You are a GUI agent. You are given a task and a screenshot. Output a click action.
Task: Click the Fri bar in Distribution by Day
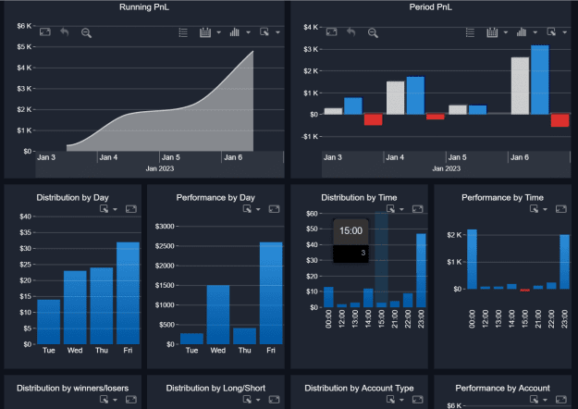click(128, 293)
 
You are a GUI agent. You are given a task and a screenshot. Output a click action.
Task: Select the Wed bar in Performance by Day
click(218, 315)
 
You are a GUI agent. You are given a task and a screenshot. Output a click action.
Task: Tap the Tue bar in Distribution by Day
click(49, 322)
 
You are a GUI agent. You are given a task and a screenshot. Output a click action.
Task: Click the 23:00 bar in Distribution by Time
click(421, 270)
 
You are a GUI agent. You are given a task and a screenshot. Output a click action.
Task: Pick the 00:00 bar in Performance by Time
click(472, 259)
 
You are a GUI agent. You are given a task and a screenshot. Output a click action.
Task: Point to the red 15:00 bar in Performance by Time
click(525, 291)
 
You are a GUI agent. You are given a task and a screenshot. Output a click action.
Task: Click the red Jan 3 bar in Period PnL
click(373, 119)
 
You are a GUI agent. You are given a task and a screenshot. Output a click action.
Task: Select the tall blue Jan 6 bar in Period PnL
click(540, 80)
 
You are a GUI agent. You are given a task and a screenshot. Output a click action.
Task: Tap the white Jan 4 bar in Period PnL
click(396, 98)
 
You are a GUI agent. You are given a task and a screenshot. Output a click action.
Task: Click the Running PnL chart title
click(144, 7)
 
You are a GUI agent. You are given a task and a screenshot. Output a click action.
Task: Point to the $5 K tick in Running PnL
click(24, 47)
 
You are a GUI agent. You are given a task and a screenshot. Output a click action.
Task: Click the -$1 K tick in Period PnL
click(310, 137)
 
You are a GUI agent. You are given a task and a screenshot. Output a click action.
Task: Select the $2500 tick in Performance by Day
click(165, 246)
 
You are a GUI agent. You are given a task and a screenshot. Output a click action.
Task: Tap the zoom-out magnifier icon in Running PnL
click(86, 32)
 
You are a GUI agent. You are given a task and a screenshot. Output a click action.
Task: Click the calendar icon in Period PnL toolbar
click(492, 32)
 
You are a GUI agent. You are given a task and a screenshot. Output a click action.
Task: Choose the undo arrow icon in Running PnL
click(65, 32)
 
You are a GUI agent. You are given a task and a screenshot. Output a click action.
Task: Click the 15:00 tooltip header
click(350, 230)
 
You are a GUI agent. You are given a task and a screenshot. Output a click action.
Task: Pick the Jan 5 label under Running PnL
click(171, 157)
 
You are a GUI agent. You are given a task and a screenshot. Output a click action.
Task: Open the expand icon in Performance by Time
click(561, 209)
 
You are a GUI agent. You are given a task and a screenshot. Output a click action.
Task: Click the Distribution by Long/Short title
click(215, 388)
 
